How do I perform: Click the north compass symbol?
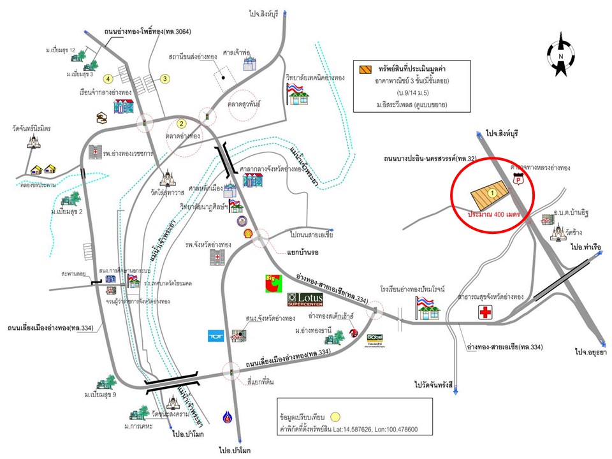tap(561, 56)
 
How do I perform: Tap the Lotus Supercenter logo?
tap(305, 299)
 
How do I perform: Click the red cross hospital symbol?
tap(487, 312)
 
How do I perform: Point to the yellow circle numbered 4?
tap(109, 78)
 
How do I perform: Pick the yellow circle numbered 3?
tap(164, 79)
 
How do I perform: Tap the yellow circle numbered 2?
tap(181, 124)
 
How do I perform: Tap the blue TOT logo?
tap(215, 335)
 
